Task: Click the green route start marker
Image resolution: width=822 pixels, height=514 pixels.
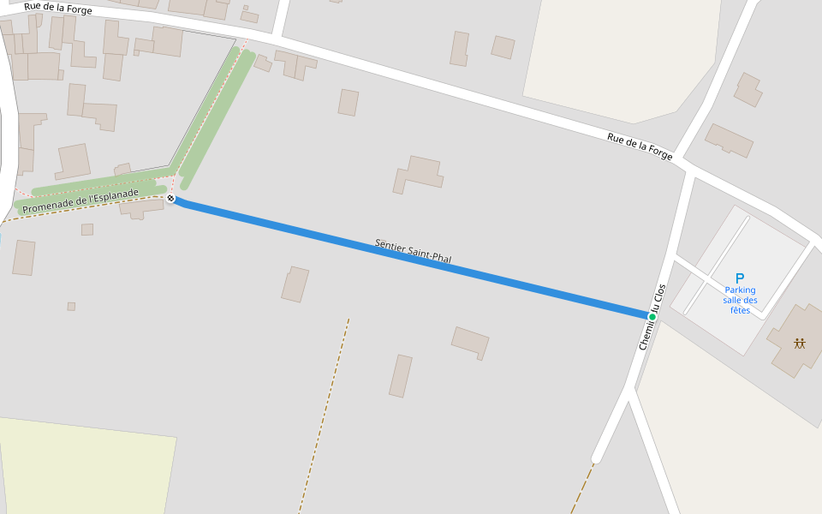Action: click(652, 317)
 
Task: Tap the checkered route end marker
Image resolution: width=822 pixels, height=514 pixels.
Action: click(170, 199)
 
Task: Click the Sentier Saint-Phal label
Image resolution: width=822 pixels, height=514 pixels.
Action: click(413, 251)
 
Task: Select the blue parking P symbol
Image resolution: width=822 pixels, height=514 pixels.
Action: click(740, 278)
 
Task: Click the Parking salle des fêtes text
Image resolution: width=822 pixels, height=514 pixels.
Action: click(740, 300)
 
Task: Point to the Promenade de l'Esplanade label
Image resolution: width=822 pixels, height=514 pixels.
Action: click(80, 202)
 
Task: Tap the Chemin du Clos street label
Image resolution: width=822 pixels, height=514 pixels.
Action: click(652, 317)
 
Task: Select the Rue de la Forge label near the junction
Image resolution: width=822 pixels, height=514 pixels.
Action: click(640, 146)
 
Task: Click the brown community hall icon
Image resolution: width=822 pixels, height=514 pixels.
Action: click(799, 344)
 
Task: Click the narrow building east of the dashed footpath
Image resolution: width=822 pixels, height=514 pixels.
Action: click(401, 375)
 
